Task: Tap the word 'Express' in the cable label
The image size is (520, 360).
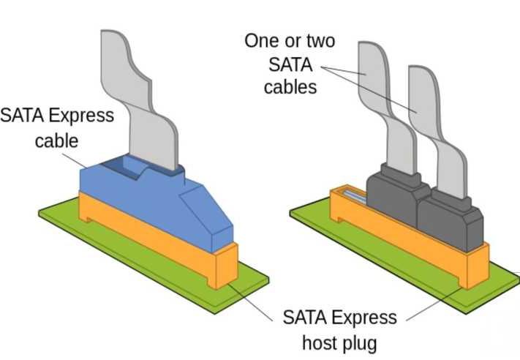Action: tap(83, 115)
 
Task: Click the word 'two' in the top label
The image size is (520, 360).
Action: tap(322, 40)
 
